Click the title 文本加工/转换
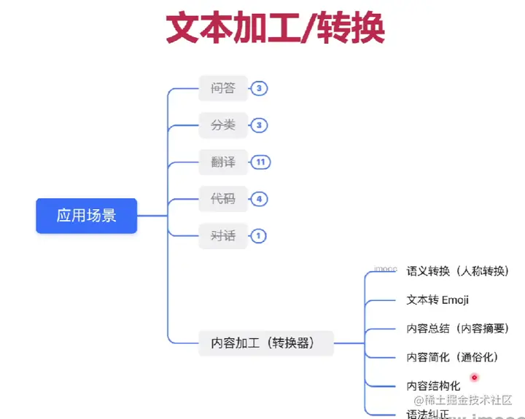[275, 29]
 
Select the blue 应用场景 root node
[87, 216]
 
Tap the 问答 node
[223, 89]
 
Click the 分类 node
[223, 125]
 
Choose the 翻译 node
[223, 162]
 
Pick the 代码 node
[223, 198]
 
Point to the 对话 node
[223, 235]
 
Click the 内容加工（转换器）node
[266, 342]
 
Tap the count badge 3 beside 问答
[258, 89]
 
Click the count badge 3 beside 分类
[258, 125]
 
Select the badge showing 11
[260, 162]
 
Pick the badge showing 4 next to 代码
[258, 198]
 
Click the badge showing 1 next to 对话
[258, 235]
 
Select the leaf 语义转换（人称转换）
[457, 271]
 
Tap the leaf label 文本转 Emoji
[437, 299]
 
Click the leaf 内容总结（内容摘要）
[457, 329]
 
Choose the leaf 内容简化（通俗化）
[451, 357]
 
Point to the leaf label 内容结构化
[433, 385]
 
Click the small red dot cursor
[474, 377]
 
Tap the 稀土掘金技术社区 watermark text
[467, 400]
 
